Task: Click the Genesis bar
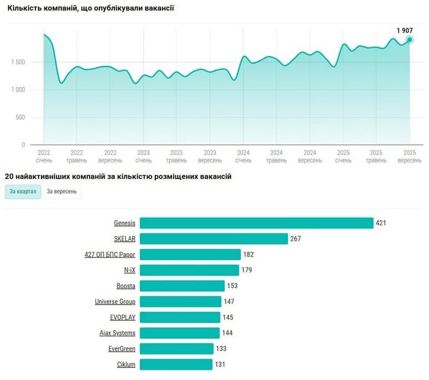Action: pos(256,223)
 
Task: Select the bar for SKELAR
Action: pos(214,239)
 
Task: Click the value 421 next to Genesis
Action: pos(380,223)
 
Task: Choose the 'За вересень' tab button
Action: pos(62,192)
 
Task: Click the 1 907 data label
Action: pos(405,31)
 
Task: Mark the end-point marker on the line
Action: pos(410,39)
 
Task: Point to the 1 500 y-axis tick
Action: pos(18,62)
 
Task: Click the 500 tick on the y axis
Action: pos(20,117)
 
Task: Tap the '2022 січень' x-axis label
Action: pos(43,156)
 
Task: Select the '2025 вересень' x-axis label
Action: pos(410,156)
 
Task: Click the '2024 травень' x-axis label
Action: pos(276,156)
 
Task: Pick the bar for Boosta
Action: pos(182,286)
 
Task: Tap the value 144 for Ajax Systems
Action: pos(227,333)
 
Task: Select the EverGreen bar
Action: pos(176,349)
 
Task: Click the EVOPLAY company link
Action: pos(123,317)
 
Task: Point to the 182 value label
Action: pos(248,255)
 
